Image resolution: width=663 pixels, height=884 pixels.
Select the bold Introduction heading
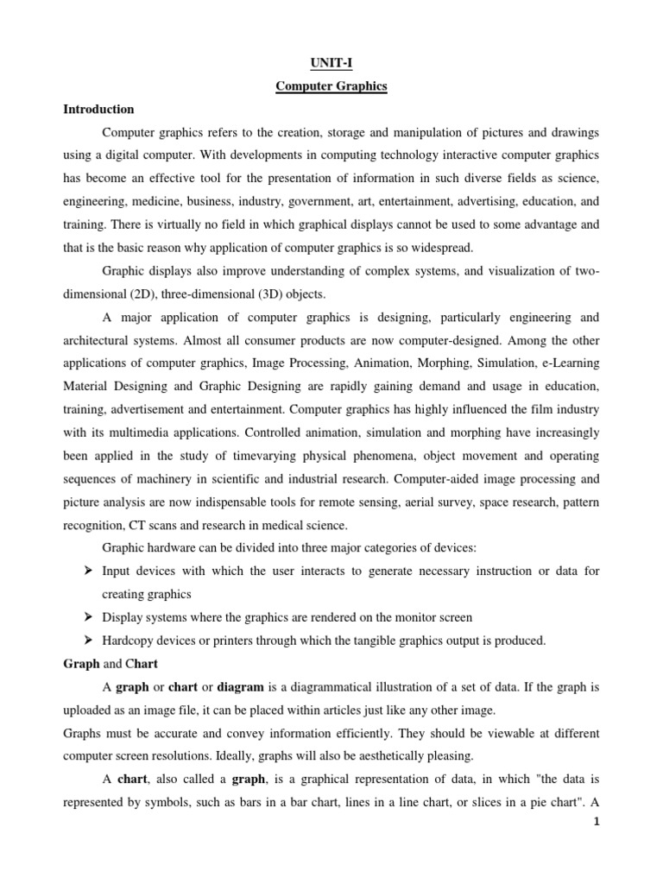tap(98, 110)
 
